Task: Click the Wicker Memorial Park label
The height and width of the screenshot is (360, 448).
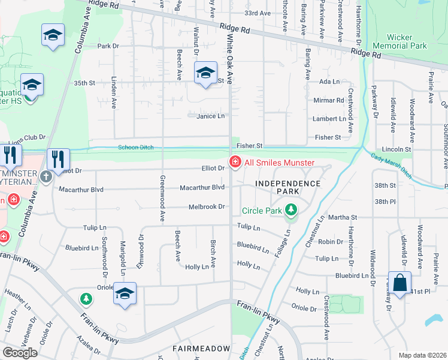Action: pos(399,41)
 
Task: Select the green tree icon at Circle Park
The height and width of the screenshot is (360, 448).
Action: pos(291,210)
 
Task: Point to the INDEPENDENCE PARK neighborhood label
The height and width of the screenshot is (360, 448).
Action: pos(287,187)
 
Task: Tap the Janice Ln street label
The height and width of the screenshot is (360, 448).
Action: pos(211,116)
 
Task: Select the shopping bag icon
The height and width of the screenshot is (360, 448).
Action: pos(399,281)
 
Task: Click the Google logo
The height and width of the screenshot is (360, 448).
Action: pos(20,352)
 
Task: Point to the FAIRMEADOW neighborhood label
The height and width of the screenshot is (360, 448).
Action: pos(201,348)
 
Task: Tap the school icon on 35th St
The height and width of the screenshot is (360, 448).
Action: pos(205,74)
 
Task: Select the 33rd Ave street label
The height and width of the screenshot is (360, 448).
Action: pos(258,13)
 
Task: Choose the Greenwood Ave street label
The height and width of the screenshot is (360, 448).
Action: pos(162,198)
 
